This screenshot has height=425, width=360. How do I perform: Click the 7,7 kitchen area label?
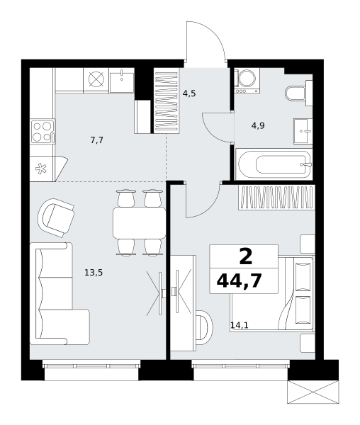click(x=97, y=140)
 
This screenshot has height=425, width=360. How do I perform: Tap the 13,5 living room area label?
click(x=94, y=273)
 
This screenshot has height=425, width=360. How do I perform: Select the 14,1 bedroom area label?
click(x=240, y=324)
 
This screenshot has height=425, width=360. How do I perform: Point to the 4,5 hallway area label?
click(x=189, y=93)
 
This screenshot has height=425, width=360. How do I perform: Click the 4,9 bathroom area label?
click(x=258, y=125)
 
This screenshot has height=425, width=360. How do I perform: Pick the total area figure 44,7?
click(x=239, y=280)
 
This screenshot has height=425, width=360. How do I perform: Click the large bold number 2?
click(x=246, y=257)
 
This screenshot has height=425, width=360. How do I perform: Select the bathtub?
click(x=274, y=164)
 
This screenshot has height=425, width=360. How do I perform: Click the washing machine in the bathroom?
click(x=247, y=81)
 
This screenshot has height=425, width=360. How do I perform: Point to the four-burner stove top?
click(x=43, y=132)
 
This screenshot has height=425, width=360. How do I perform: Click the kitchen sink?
click(x=122, y=81)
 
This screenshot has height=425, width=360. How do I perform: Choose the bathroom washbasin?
click(x=303, y=131)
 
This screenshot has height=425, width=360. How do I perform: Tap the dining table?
click(x=140, y=223)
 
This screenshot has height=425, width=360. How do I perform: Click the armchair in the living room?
click(x=56, y=217)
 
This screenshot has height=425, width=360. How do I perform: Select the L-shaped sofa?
click(x=60, y=294)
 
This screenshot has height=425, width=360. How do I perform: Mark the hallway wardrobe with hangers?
click(x=167, y=101)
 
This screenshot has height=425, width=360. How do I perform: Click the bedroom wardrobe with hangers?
click(x=277, y=198)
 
